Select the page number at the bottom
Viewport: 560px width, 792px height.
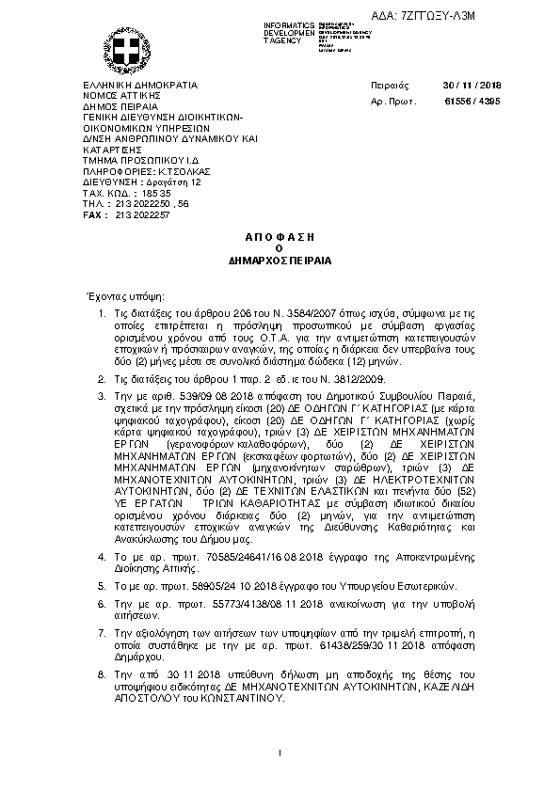click(280, 753)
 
